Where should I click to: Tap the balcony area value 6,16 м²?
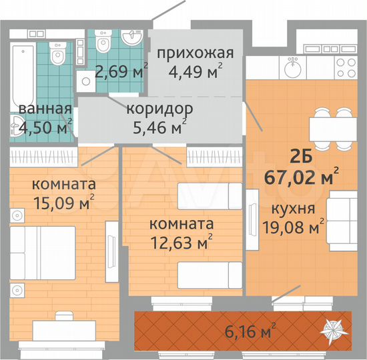(x=249, y=329)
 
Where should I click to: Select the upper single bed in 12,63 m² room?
(x=209, y=195)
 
